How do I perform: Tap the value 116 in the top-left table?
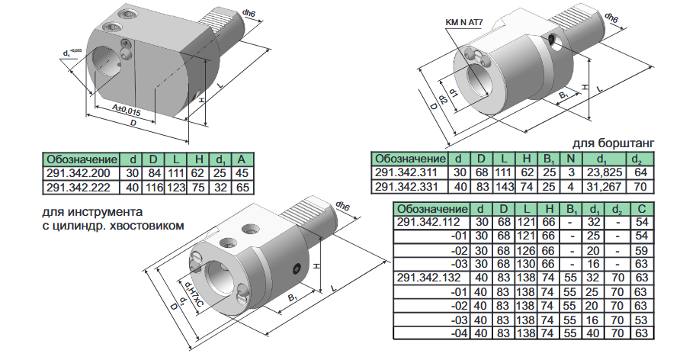click(153, 188)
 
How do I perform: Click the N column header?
click(571, 159)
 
